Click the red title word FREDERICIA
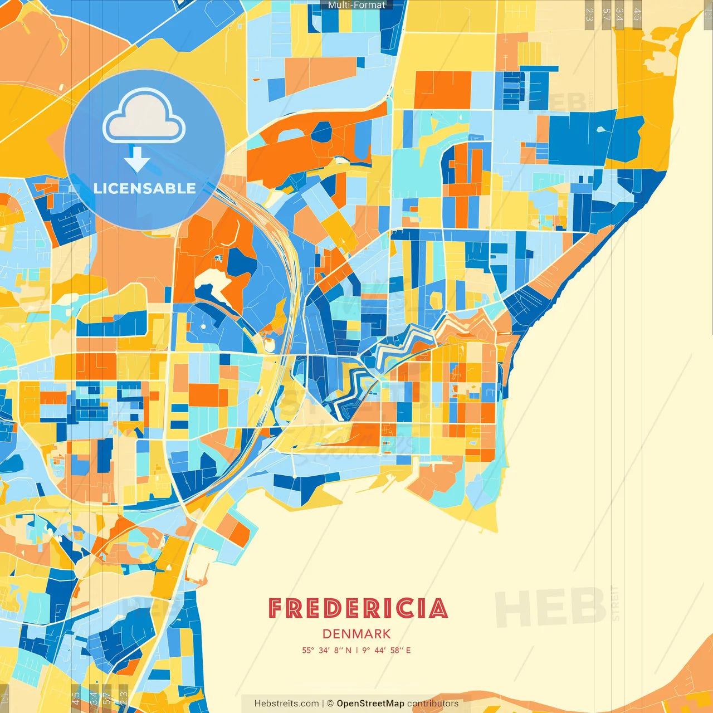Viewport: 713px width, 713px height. (358, 608)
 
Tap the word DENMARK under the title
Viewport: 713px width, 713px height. (356, 634)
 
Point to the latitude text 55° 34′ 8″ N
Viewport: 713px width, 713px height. (326, 650)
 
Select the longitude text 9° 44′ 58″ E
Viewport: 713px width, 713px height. (387, 650)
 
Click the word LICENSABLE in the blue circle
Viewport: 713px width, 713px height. (145, 188)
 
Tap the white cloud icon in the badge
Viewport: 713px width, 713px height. (144, 117)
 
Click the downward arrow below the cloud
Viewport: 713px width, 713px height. (136, 160)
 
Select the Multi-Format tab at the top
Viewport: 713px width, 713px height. (356, 5)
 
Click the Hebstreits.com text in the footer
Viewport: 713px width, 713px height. (286, 704)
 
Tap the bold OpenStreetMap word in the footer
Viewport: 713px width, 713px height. (370, 704)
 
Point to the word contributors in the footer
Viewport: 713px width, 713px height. (433, 704)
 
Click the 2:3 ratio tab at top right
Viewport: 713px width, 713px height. (589, 14)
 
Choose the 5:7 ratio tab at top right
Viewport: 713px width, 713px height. (606, 14)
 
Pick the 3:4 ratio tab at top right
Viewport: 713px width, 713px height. (619, 14)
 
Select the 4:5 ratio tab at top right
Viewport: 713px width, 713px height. (637, 14)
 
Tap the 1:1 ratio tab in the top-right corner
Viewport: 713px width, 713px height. (708, 14)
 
